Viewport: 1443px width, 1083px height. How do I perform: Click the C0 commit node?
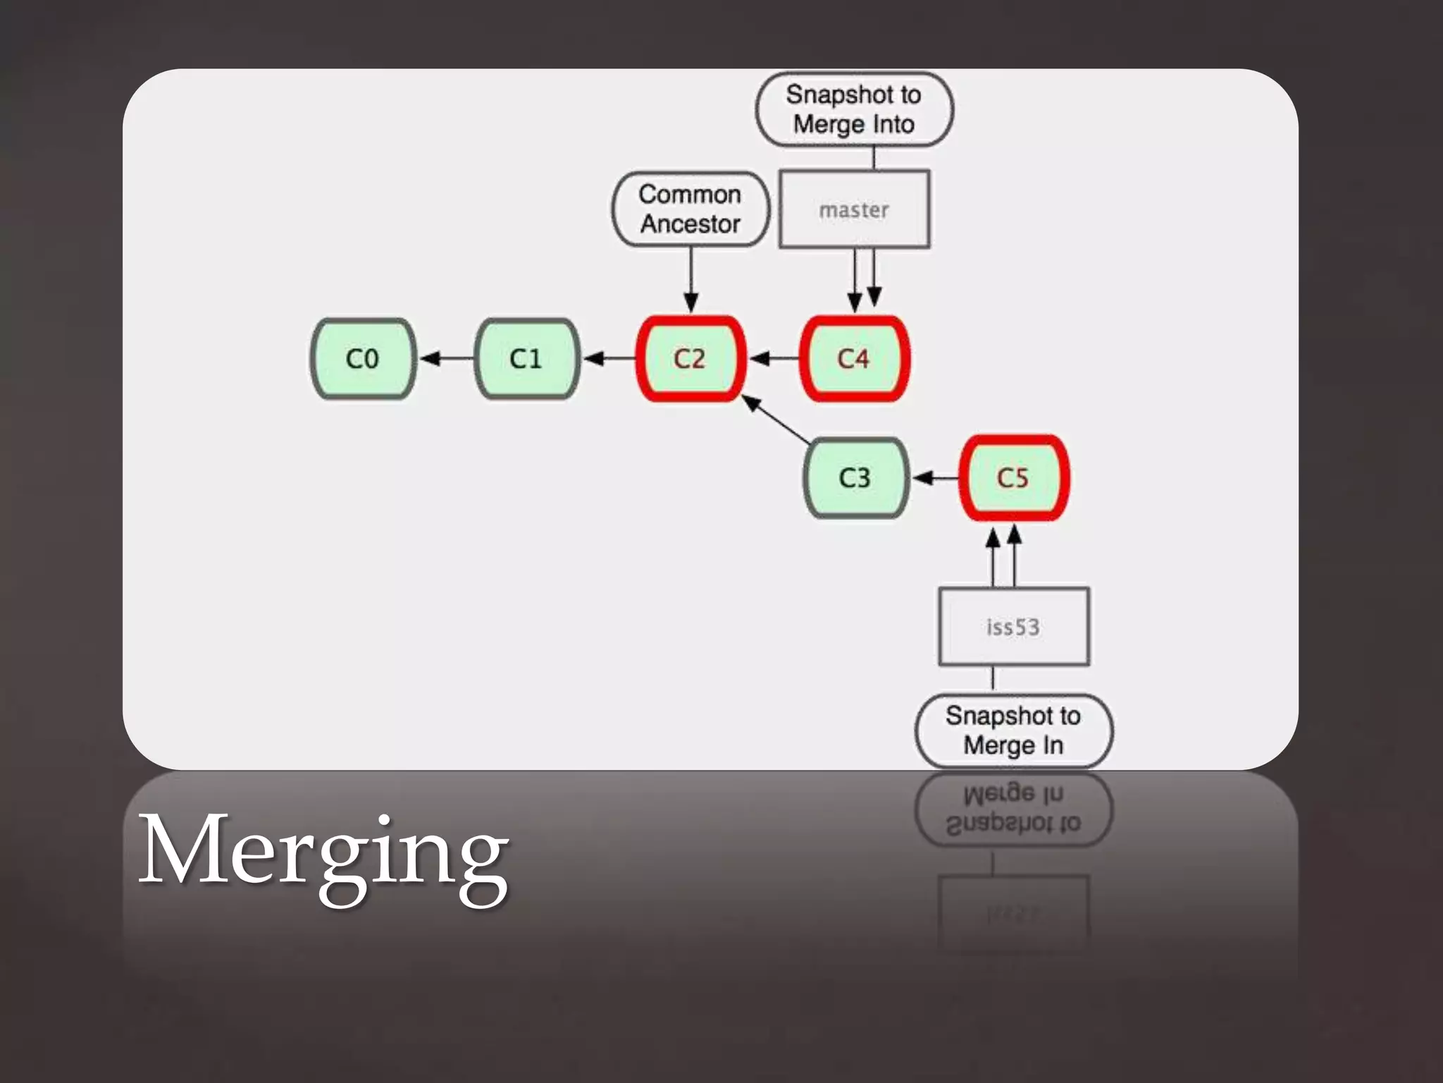(363, 359)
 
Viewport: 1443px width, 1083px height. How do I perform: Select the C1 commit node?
(527, 359)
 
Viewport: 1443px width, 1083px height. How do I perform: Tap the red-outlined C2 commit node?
(690, 359)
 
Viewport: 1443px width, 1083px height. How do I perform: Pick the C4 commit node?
(854, 359)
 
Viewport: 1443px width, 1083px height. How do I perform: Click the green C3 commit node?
(855, 478)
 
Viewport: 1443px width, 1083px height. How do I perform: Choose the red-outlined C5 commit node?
(1013, 478)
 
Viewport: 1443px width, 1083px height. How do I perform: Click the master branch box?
(854, 209)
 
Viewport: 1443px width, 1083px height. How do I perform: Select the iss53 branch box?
(1013, 626)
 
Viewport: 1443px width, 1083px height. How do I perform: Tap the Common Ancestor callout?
(690, 209)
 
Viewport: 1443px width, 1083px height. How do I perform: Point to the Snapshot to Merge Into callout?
(854, 109)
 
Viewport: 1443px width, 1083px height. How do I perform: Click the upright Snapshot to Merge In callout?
(1013, 730)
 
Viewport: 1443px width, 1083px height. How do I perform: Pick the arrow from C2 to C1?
(609, 359)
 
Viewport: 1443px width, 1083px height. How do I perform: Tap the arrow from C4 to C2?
(774, 359)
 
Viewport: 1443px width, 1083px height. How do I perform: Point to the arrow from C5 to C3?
(936, 478)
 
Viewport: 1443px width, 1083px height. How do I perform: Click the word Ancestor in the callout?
(690, 224)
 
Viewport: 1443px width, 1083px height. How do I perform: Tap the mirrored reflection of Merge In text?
(1013, 795)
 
